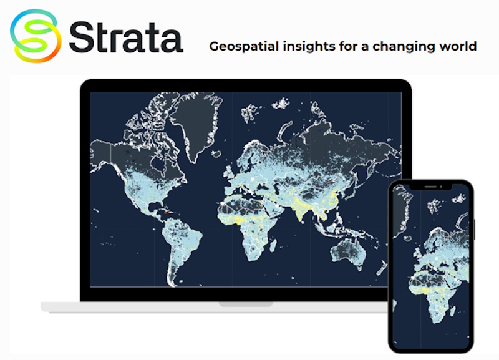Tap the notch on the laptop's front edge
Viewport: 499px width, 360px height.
click(x=246, y=304)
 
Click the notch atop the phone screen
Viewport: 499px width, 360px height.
click(x=430, y=186)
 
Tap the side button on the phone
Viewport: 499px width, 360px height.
click(x=473, y=228)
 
